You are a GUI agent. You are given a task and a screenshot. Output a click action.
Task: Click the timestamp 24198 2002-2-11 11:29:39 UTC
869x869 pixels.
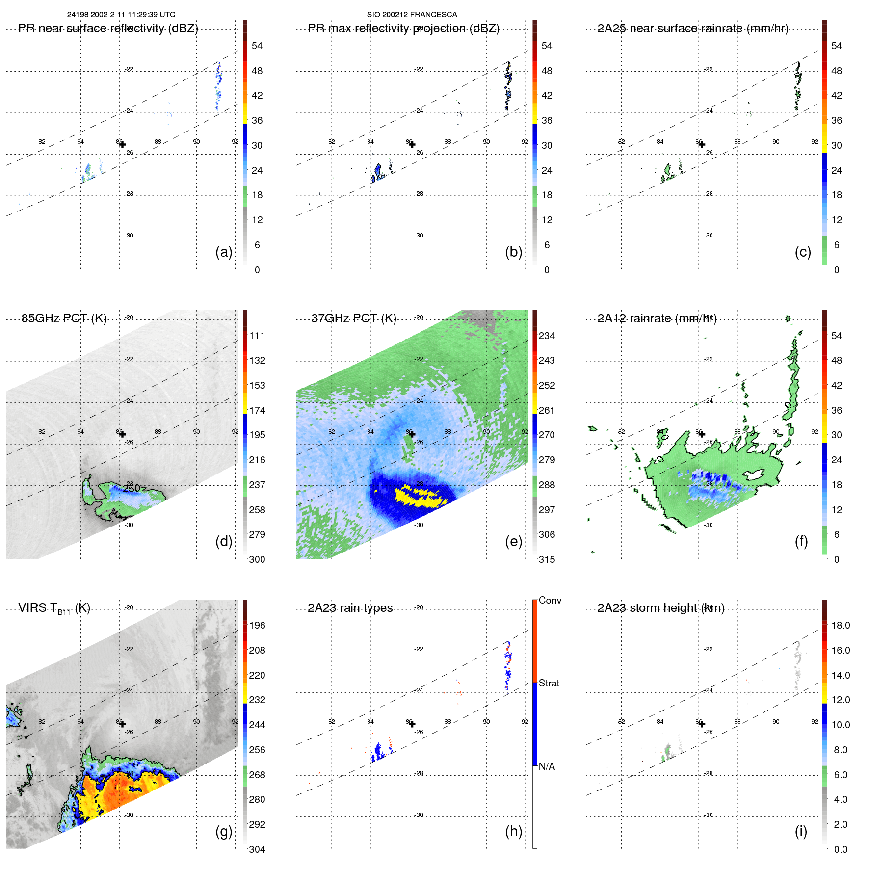coord(121,15)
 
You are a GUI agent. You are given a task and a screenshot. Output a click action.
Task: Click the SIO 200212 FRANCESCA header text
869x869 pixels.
coord(412,15)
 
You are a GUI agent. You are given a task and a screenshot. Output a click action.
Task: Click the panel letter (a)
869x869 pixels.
coord(224,252)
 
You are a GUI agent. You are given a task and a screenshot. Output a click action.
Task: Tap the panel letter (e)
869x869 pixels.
coord(513,541)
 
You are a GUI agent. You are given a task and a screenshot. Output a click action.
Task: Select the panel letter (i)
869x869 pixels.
coord(801,831)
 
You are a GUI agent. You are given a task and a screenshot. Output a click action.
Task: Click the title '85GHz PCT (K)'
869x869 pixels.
coord(64,318)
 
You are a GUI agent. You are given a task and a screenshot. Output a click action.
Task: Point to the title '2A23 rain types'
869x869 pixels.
coord(350,608)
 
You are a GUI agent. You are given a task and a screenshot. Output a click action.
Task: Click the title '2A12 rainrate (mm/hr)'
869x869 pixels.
coord(657,318)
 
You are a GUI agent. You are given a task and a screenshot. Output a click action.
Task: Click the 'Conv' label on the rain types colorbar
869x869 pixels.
coord(550,600)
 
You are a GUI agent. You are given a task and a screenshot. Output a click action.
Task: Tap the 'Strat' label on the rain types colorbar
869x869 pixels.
coord(549,683)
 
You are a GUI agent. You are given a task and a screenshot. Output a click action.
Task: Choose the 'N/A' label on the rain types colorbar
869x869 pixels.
coord(547,766)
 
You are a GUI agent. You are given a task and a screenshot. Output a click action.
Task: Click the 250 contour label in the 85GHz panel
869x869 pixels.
coord(132,488)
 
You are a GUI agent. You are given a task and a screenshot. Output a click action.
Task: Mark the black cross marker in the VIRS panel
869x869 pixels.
coord(122,724)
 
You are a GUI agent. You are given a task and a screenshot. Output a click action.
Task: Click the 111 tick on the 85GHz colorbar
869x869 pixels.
coord(257,336)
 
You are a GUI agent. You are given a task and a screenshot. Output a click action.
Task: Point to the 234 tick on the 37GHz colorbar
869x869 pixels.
coord(547,336)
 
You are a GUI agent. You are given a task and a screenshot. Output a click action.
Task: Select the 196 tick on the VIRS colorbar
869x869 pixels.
coord(257,625)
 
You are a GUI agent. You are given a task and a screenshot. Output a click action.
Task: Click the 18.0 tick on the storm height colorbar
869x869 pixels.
coord(840,625)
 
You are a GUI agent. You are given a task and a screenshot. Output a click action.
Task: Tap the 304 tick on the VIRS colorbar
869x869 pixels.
coord(257,849)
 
